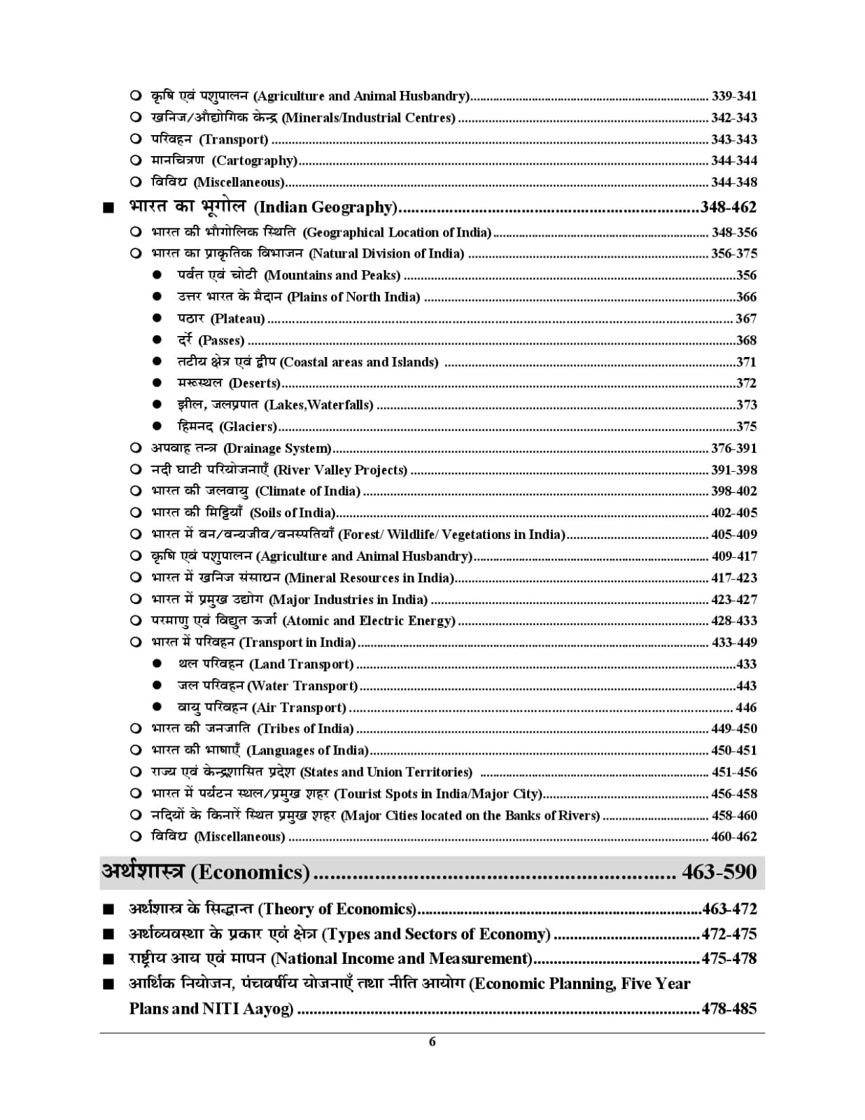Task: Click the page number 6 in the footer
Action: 432,1042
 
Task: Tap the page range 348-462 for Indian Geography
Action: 729,207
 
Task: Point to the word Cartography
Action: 255,160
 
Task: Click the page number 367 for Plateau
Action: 746,318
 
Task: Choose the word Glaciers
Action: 248,426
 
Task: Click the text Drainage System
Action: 277,448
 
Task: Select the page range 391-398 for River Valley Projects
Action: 733,470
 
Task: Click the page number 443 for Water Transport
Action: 746,686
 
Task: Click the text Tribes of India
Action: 307,729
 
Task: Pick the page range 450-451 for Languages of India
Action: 733,750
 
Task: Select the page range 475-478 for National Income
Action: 729,958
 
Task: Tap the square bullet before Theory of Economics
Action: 107,910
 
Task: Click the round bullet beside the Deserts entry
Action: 157,383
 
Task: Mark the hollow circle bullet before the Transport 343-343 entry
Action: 136,139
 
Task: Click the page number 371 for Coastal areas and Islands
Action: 746,362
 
